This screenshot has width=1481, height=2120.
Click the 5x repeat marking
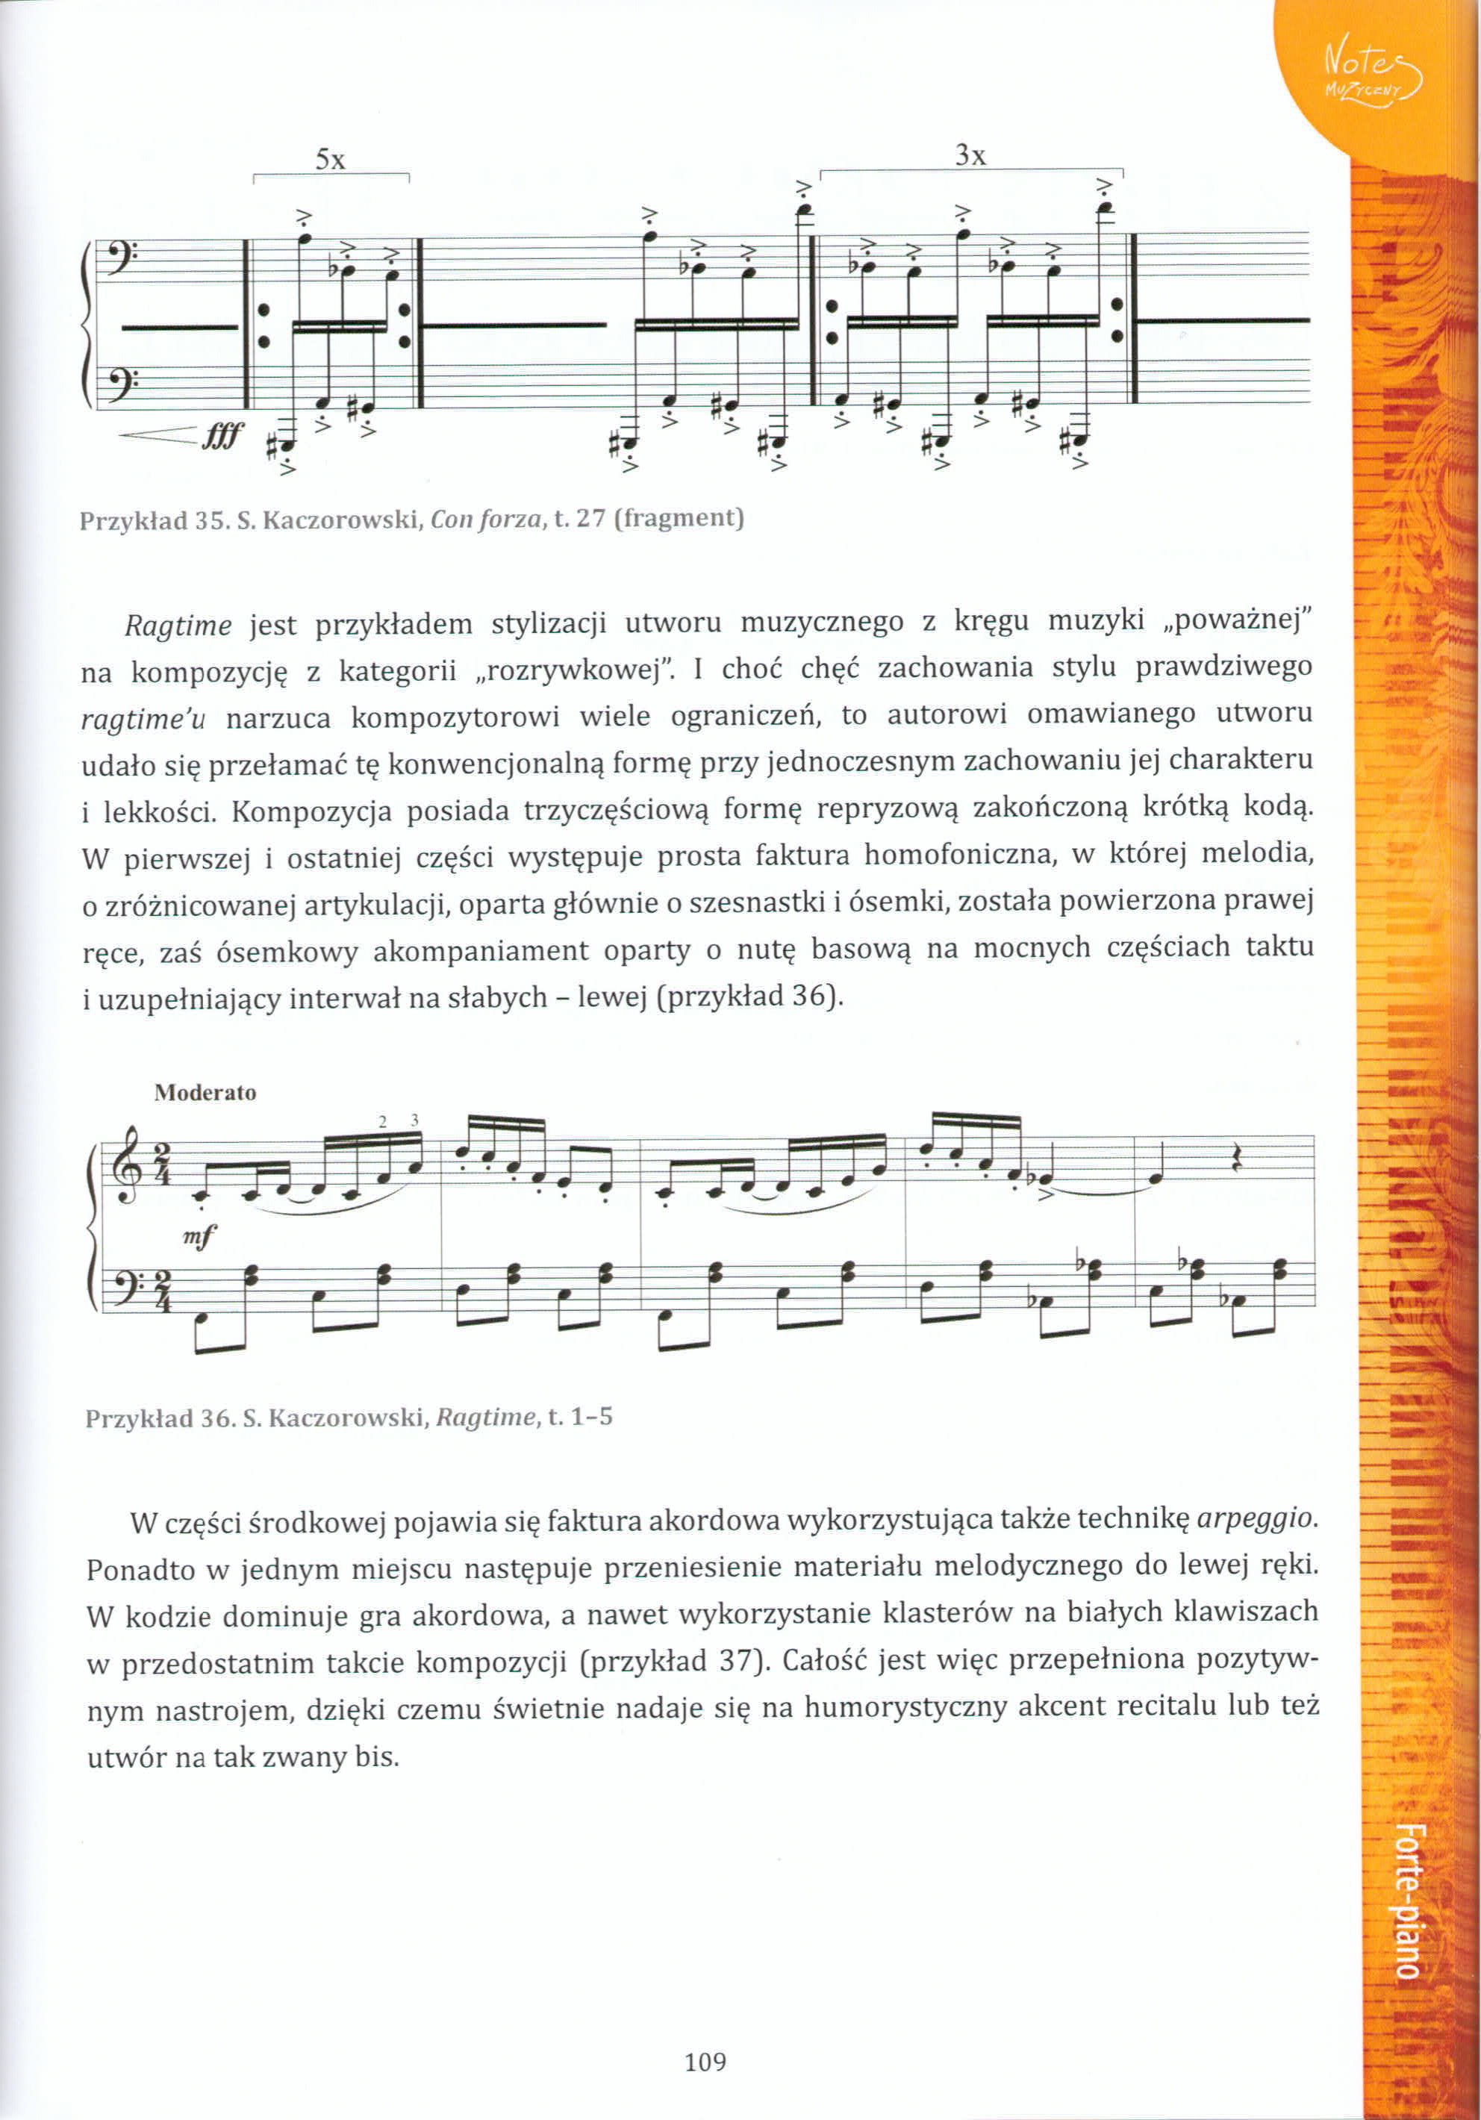[x=330, y=160]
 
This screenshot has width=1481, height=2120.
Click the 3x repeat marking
[x=970, y=156]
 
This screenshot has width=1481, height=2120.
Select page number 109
[x=705, y=2061]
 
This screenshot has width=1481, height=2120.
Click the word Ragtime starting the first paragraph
[x=178, y=626]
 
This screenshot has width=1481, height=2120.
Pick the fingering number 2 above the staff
[x=382, y=1122]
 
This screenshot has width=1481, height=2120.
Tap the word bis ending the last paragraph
[x=377, y=1756]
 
